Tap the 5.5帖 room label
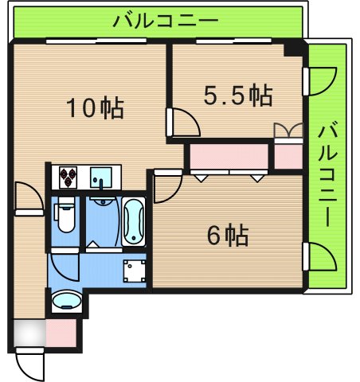pos(238,96)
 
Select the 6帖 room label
pos(227,235)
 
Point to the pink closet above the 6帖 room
pos(227,157)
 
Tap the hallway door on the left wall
pos(28,197)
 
